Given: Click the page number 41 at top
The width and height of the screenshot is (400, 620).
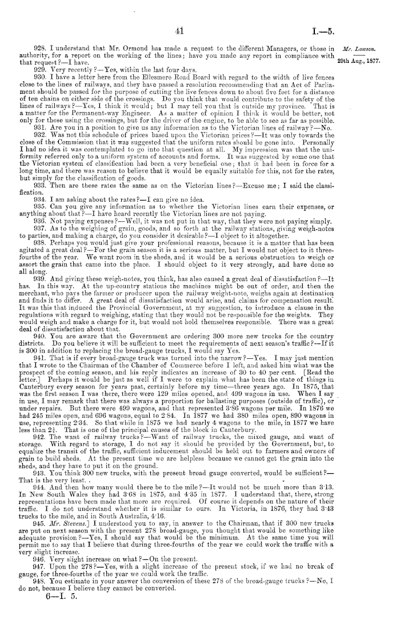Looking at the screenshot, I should pos(179,31).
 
